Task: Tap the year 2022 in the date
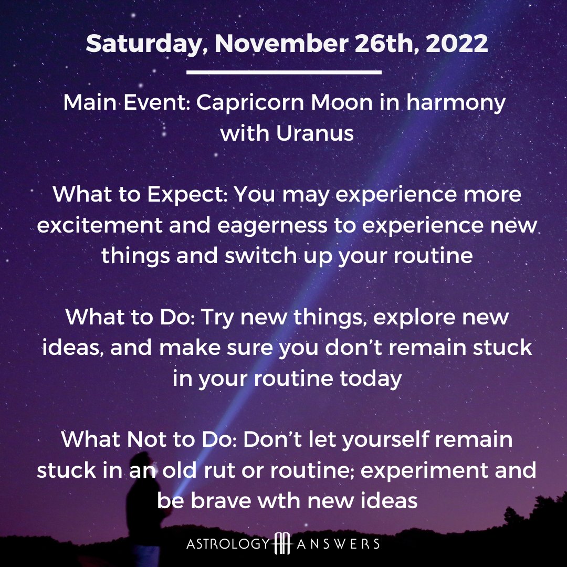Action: [x=457, y=43]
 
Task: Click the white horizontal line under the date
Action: [x=284, y=72]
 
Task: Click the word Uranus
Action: [x=314, y=133]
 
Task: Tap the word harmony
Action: [x=456, y=103]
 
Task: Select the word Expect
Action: [x=187, y=195]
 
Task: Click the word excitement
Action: [x=99, y=225]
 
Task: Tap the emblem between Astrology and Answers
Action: [x=283, y=543]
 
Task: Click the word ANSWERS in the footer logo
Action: [x=338, y=544]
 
